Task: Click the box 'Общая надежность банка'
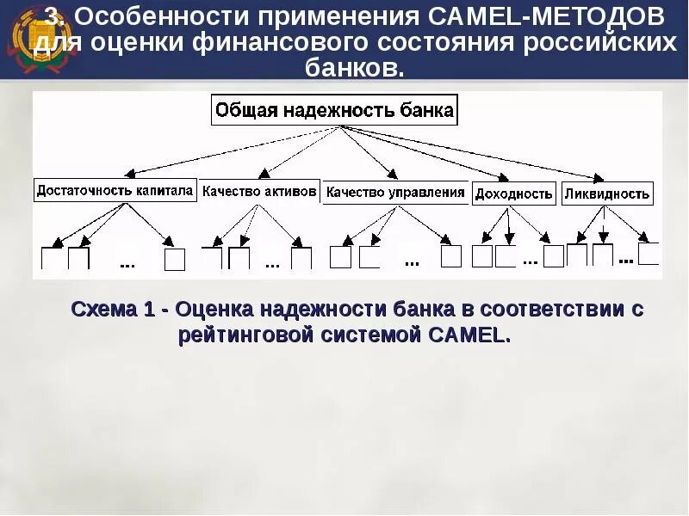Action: [x=334, y=111]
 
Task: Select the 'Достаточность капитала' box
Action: [x=115, y=191]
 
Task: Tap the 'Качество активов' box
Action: [x=259, y=191]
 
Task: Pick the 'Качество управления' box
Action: [x=395, y=193]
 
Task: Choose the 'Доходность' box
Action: [x=513, y=193]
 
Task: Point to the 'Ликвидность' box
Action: [x=607, y=193]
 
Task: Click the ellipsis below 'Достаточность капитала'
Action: [x=127, y=264]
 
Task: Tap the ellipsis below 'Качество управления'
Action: [x=411, y=260]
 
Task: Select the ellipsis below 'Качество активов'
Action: [x=272, y=264]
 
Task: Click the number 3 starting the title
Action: [x=52, y=17]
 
